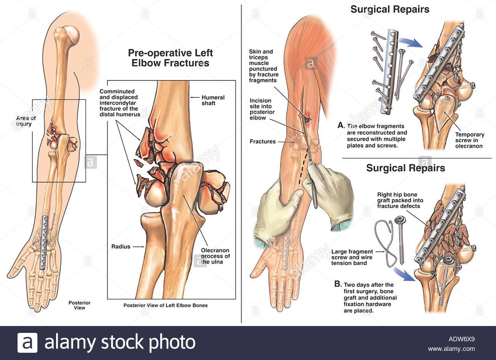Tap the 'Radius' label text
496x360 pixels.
point(121,247)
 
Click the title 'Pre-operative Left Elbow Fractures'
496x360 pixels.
point(170,58)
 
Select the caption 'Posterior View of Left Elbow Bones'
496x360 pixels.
point(165,305)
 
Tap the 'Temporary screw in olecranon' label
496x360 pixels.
point(469,140)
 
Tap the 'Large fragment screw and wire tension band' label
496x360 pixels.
point(352,257)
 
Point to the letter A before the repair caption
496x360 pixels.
point(341,125)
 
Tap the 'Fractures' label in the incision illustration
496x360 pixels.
point(262,142)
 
